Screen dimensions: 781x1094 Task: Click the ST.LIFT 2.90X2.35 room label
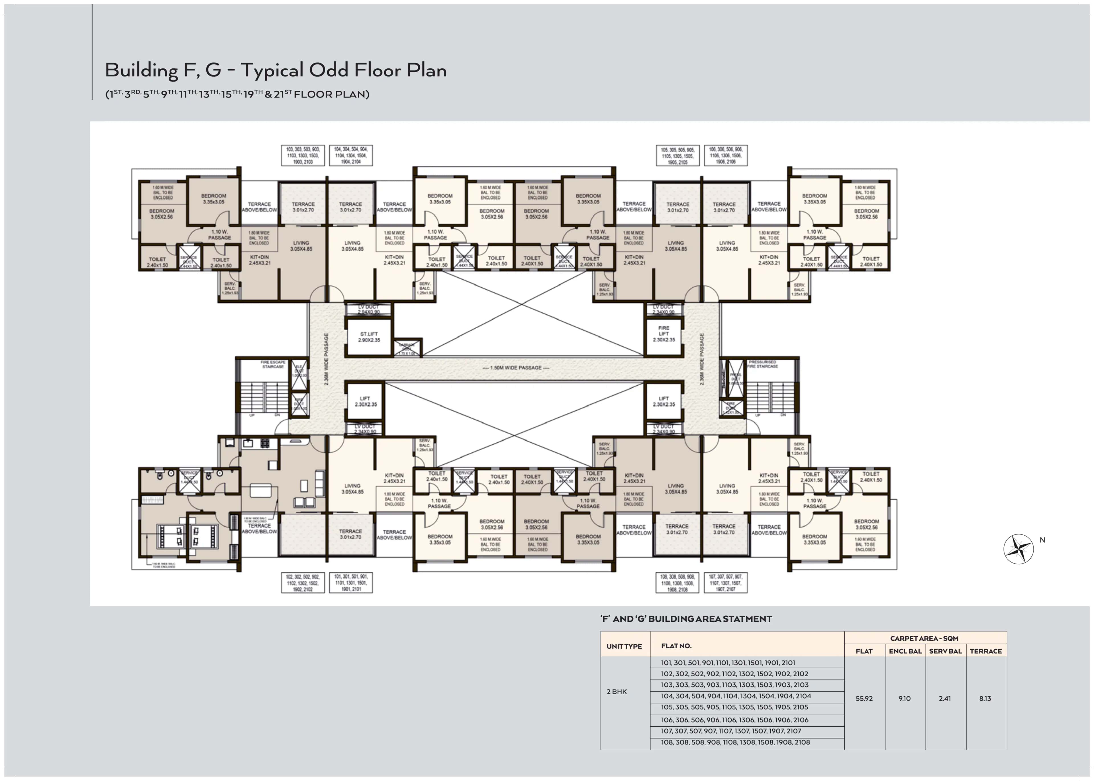tap(369, 337)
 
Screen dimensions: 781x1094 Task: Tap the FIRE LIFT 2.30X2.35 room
tap(663, 334)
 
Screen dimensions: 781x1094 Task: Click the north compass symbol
tap(1018, 549)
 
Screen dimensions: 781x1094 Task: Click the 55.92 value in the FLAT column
tap(864, 698)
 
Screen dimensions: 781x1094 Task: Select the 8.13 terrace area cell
tap(985, 698)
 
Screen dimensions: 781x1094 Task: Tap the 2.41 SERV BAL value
tap(944, 698)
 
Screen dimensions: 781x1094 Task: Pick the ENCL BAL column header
tap(905, 651)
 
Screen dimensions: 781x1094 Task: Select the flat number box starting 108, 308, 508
tap(677, 583)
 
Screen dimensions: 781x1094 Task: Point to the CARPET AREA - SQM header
tap(924, 638)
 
